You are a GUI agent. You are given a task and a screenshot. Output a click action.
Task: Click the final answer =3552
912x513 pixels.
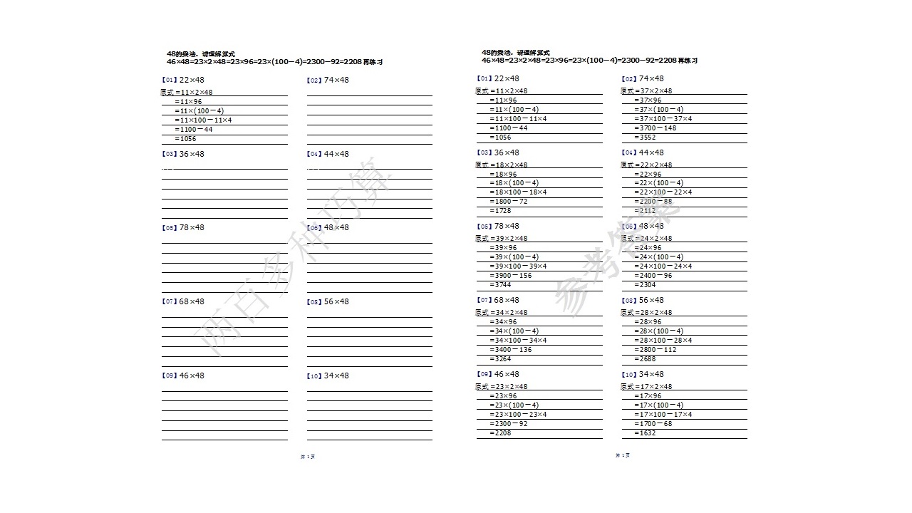click(646, 138)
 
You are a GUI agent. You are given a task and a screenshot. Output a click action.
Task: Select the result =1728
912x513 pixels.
click(501, 211)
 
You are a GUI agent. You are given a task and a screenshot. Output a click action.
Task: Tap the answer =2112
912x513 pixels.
click(646, 211)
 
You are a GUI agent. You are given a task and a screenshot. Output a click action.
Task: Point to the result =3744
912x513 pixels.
click(501, 285)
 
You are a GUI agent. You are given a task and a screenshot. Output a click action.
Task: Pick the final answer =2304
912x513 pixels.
click(646, 285)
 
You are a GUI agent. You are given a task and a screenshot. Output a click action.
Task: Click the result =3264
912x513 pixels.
click(501, 359)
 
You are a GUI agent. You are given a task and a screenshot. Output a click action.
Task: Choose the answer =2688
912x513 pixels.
click(646, 359)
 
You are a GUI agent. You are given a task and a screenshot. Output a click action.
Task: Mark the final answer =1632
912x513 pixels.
click(646, 433)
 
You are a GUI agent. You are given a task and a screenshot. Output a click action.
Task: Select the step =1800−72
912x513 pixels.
click(509, 202)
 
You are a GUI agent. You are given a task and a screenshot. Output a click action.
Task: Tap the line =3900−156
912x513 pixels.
click(510, 276)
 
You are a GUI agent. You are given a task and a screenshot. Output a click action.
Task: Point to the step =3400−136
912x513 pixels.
click(510, 350)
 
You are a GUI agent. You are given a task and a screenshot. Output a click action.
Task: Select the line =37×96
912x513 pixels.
click(647, 100)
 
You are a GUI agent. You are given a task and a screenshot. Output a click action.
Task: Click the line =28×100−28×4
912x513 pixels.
click(663, 341)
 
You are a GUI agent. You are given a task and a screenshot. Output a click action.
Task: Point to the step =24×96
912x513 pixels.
click(647, 248)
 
